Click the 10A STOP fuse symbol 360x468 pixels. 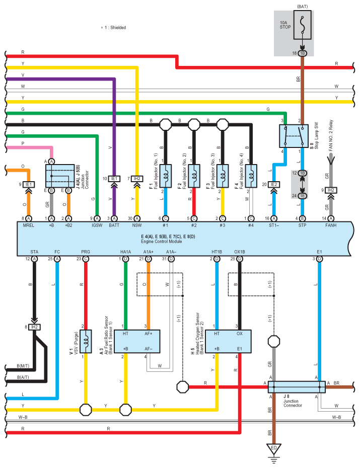303,25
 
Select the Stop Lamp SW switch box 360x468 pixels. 294,136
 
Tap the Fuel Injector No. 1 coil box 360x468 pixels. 166,176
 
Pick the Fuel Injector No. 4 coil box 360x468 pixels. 251,176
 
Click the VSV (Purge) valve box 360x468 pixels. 86,342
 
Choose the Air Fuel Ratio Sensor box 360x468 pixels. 137,342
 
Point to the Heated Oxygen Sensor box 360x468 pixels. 229,342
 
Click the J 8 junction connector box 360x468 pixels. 297,387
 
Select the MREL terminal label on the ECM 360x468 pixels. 29,225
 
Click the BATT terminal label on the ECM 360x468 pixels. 114,225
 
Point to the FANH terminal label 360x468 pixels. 331,225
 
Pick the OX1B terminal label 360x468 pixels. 239,252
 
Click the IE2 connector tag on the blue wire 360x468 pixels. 274,185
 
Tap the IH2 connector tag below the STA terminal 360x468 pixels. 35,327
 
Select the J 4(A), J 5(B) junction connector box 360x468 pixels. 60,176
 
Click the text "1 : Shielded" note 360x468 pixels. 115,28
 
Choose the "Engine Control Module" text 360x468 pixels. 162,241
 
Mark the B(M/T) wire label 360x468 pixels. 23,366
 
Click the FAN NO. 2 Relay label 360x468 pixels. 331,135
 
